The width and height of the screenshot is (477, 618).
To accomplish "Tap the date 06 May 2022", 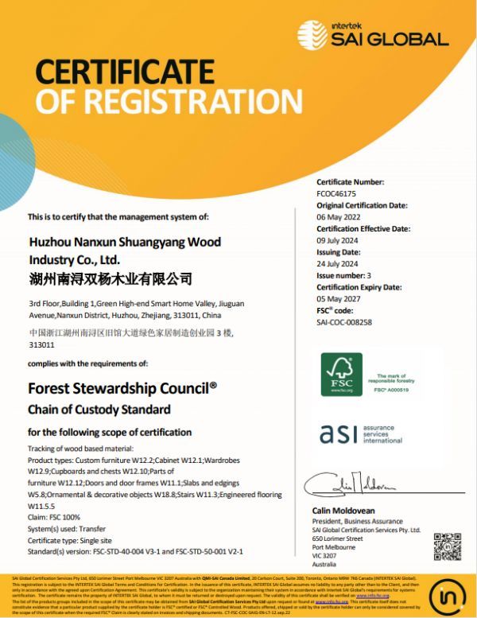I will click(x=339, y=216).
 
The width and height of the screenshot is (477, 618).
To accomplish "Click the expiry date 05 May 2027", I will click(x=339, y=298).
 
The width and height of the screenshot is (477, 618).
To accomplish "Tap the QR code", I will click(x=447, y=548).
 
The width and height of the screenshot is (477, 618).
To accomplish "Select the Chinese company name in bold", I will click(x=111, y=278).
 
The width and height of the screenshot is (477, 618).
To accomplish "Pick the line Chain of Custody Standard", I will click(x=99, y=410).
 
